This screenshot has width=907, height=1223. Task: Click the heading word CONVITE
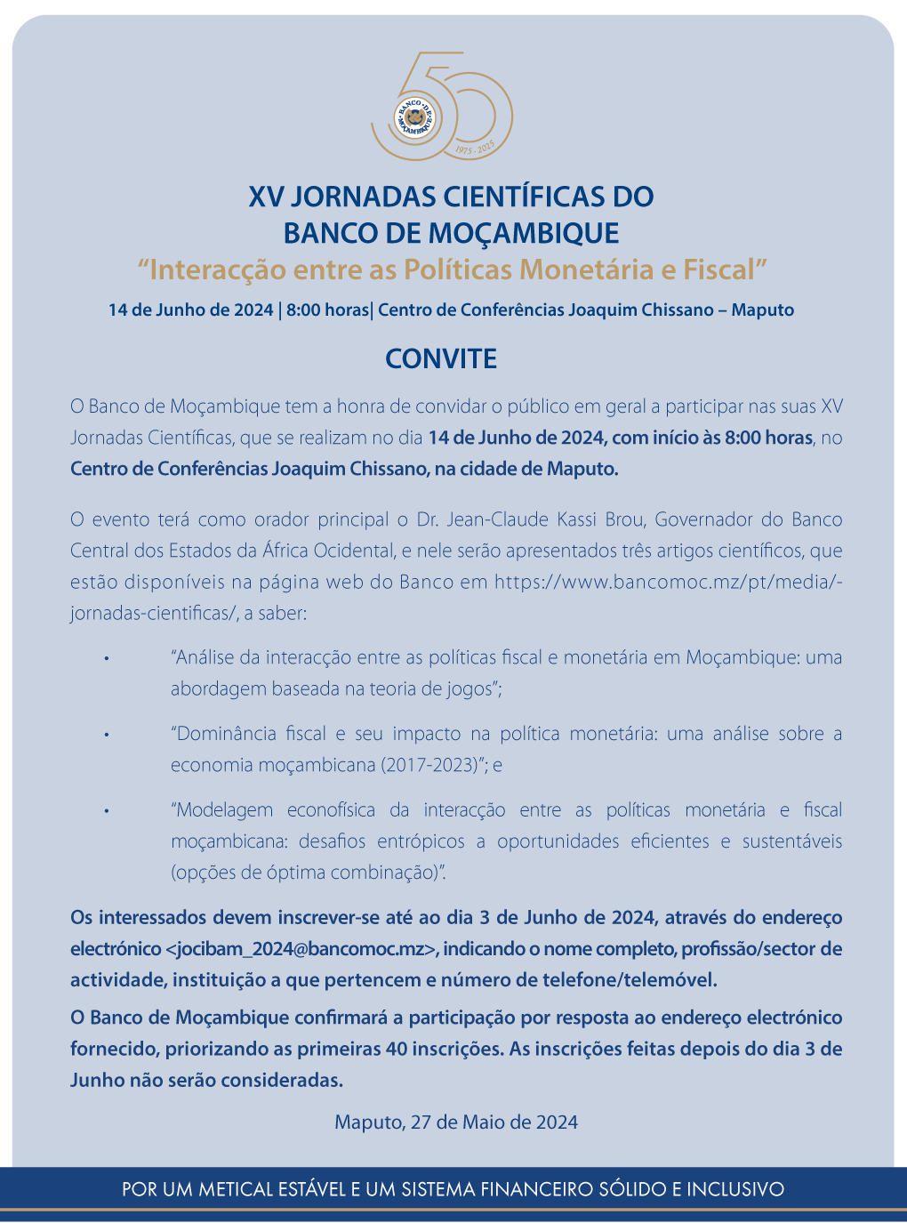(x=441, y=358)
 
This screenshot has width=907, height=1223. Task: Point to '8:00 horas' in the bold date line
(x=327, y=310)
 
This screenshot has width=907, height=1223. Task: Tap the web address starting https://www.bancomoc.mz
(x=667, y=583)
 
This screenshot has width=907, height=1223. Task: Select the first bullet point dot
(x=106, y=659)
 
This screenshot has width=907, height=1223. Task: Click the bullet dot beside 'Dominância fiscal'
(x=106, y=736)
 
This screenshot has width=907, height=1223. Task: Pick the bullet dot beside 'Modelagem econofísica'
(x=106, y=811)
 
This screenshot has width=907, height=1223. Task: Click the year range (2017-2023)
(x=432, y=765)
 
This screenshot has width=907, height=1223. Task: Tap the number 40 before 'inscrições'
(x=397, y=1049)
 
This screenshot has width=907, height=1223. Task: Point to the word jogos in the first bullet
(x=470, y=689)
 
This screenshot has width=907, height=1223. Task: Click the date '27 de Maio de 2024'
(x=494, y=1122)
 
